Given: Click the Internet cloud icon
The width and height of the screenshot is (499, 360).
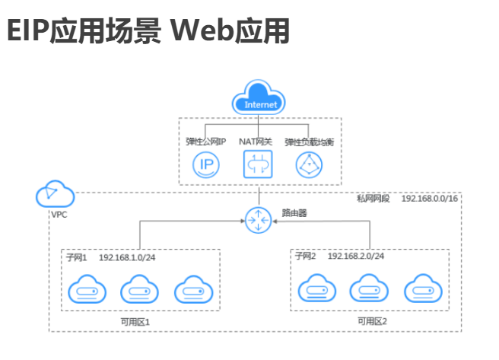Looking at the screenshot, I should tap(259, 101).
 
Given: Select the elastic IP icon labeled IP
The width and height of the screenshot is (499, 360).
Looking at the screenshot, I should tap(205, 164).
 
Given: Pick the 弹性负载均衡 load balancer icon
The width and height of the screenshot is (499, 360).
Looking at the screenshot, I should tap(309, 164).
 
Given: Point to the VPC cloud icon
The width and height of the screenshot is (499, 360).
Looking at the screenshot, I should tap(55, 196).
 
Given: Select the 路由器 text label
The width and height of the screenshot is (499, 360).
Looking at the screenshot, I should tap(294, 213).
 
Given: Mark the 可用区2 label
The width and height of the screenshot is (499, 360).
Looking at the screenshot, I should tap(372, 322).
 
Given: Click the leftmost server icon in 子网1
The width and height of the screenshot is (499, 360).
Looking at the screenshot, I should tap(84, 291).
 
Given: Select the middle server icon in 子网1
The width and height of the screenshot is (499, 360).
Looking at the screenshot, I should tap(138, 291).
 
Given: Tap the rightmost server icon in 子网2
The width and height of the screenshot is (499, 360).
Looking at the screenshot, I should tap(423, 291).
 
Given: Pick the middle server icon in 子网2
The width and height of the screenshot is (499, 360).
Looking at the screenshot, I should tap(369, 291).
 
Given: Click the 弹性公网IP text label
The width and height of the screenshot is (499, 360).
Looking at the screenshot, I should tap(206, 142).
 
